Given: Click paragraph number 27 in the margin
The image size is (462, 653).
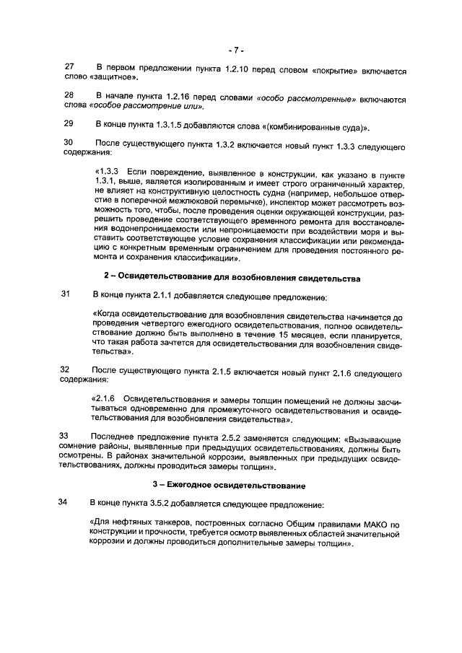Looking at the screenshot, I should [69, 68].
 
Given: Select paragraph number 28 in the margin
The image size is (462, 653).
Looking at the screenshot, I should [69, 96].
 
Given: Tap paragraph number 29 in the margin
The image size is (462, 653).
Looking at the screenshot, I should [69, 124].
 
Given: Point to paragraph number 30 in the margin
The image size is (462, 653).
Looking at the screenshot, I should [69, 143].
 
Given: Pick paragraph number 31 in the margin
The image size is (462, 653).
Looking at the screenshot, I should [67, 294].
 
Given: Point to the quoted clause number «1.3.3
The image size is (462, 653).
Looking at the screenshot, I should [107, 171].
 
